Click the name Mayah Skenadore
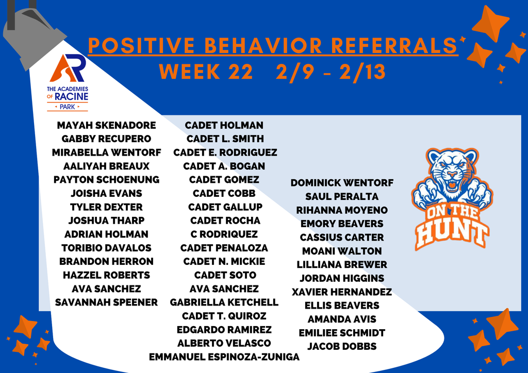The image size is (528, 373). (x=106, y=125)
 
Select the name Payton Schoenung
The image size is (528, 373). (x=106, y=180)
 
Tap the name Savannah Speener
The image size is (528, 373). (x=106, y=302)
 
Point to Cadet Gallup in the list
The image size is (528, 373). (x=225, y=207)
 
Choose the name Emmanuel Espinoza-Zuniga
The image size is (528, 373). (x=224, y=357)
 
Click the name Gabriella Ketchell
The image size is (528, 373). (x=224, y=302)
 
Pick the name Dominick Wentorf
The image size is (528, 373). (x=342, y=183)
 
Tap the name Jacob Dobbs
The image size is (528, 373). (x=342, y=346)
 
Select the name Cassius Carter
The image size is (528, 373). (x=342, y=238)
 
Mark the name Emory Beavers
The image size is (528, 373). (x=342, y=224)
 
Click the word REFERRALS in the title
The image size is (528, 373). (x=394, y=46)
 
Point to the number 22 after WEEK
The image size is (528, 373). (x=239, y=72)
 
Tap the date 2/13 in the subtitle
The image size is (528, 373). (x=362, y=72)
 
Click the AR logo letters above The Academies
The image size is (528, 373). (x=67, y=69)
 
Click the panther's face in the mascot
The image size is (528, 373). (x=452, y=173)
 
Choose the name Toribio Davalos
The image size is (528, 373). (x=106, y=248)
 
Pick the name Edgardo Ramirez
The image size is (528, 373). (x=224, y=330)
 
